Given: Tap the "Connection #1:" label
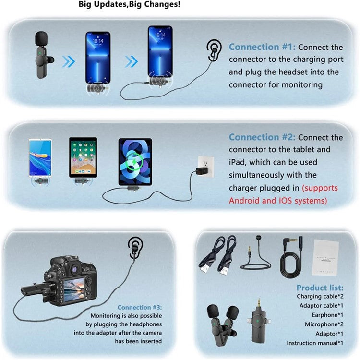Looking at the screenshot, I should pyautogui.click(x=263, y=47).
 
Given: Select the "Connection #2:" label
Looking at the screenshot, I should pyautogui.click(x=263, y=137).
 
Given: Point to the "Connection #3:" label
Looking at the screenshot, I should pyautogui.click(x=140, y=307).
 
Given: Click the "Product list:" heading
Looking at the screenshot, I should pyautogui.click(x=320, y=288).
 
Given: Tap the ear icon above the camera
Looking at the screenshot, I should pyautogui.click(x=136, y=246).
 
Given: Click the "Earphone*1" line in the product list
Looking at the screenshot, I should pyautogui.click(x=326, y=314).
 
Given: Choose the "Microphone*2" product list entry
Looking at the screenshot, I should pyautogui.click(x=323, y=324).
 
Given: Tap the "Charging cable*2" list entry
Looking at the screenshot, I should pyautogui.click(x=320, y=296).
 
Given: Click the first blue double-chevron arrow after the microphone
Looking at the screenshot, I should pyautogui.click(x=69, y=61).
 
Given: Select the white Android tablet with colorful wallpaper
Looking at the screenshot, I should pyautogui.click(x=40, y=157).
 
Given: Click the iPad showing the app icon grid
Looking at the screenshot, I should pyautogui.click(x=83, y=157).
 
